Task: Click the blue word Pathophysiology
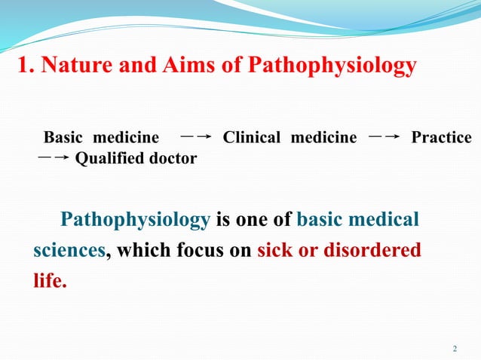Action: click(x=135, y=220)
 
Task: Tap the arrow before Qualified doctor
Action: click(x=54, y=158)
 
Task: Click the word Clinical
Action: click(x=252, y=138)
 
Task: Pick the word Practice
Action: click(x=441, y=138)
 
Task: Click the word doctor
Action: click(x=173, y=159)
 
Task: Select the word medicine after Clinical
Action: click(x=324, y=138)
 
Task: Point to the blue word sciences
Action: click(x=69, y=251)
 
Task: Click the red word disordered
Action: click(x=372, y=251)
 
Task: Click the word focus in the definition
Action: click(x=201, y=251)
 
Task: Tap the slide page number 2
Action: click(x=455, y=349)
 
